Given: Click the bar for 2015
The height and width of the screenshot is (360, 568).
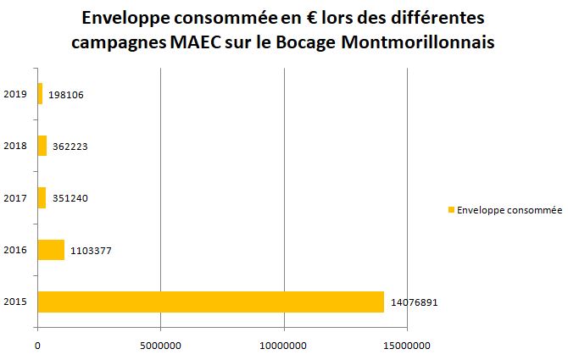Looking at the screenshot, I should point(210,302).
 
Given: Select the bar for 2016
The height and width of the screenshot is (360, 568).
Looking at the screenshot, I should point(51,250).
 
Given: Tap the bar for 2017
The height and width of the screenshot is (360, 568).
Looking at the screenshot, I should point(42,198).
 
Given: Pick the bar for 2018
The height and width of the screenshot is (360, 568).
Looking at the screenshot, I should point(42,146).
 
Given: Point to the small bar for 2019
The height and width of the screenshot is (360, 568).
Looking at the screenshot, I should point(40,94).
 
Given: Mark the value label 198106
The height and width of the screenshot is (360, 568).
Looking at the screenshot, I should point(66,94).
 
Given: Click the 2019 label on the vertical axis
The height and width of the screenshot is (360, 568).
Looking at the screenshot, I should point(15,94).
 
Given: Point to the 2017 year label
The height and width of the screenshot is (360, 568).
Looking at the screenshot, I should point(15,198).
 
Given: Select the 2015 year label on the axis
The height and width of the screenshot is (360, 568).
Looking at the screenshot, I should point(15,302).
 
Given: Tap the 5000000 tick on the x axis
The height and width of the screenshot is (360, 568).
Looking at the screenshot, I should point(161,345).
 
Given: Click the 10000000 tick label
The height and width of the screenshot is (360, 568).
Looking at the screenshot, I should point(284,345).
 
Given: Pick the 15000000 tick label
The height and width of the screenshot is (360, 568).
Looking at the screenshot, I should point(408,345).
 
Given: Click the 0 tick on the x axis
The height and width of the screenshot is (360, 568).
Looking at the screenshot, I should point(37,345).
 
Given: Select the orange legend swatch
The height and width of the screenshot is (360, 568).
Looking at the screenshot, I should point(451,210).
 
